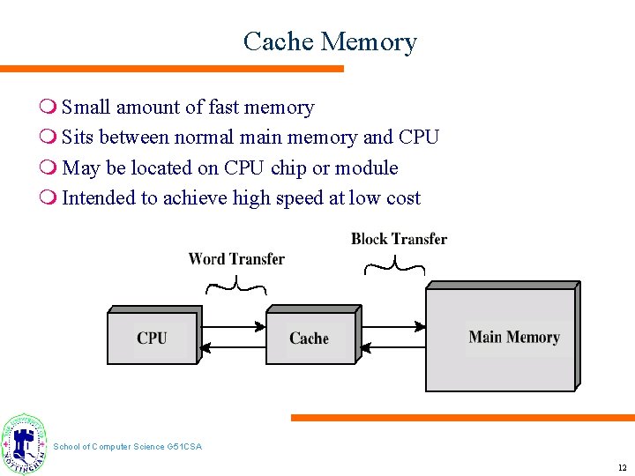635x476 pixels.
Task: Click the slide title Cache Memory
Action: [x=330, y=41]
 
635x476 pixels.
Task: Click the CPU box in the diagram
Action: [x=152, y=338]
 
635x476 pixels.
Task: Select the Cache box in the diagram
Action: [x=310, y=338]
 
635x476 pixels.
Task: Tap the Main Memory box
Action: [x=513, y=338]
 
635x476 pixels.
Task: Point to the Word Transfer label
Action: [x=236, y=259]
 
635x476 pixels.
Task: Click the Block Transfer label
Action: [x=399, y=239]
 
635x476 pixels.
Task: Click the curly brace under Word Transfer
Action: [x=235, y=285]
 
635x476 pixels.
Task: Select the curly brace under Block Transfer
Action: [x=395, y=264]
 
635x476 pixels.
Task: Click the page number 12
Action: [x=622, y=467]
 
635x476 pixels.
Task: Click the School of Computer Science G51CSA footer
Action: [x=128, y=447]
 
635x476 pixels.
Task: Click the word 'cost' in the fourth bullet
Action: [x=403, y=198]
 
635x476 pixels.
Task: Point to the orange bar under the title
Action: [x=172, y=69]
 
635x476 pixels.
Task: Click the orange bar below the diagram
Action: [x=463, y=418]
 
